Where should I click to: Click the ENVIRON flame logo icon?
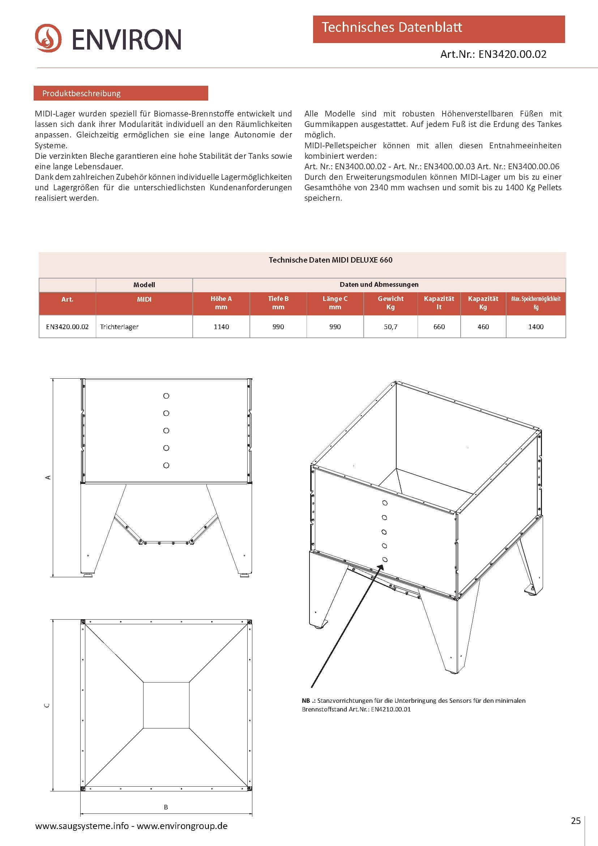pos(48,38)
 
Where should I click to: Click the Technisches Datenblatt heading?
pos(392,27)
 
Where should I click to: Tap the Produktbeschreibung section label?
pos(81,93)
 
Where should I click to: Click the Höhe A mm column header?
pos(221,302)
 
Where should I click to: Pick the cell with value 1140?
pos(221,327)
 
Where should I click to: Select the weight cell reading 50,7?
pos(390,327)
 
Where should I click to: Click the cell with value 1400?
pos(535,327)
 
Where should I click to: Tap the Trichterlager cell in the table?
pos(119,327)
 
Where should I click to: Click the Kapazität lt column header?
pos(439,302)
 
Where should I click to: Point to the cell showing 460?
pos(483,327)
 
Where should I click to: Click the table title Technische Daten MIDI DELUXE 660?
pos(330,260)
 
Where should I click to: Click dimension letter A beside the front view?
pos(47,477)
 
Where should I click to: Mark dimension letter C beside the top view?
pos(47,705)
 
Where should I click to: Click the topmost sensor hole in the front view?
pos(166,396)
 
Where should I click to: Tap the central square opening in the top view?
pos(166,705)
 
